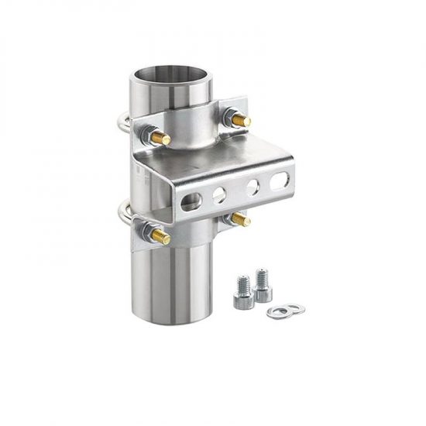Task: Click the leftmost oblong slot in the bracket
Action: point(191,201)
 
